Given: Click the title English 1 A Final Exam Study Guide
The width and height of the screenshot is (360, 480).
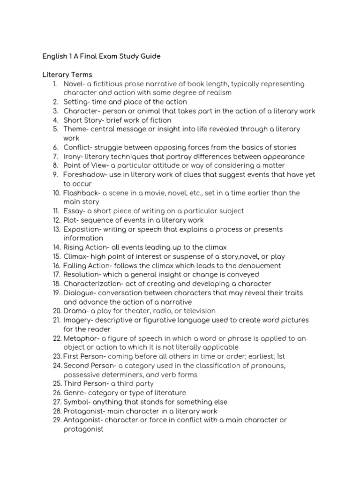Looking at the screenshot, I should pos(101,56).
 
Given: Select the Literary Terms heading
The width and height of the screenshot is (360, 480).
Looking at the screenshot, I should pos(67,75).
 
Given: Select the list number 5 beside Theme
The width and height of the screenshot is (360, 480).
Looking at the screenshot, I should pos(55,129).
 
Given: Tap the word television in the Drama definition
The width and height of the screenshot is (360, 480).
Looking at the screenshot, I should pos(199,311).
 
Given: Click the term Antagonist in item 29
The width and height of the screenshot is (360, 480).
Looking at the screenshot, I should pos(82,420).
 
